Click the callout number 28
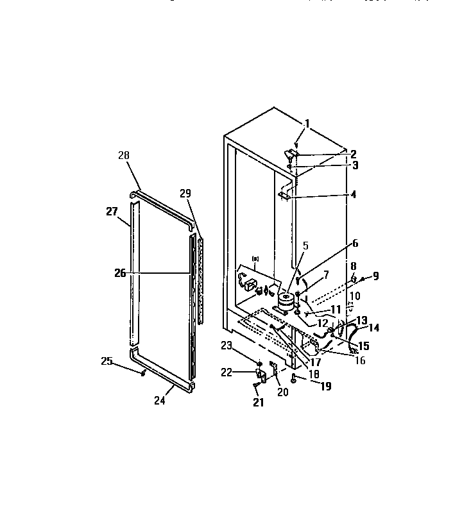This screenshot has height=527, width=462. (x=123, y=155)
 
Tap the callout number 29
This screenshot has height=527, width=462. (x=185, y=193)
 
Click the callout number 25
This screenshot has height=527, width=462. (x=107, y=362)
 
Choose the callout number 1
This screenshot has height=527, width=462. (x=307, y=123)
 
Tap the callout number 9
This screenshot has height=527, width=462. (x=375, y=276)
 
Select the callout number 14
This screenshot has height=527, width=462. (x=373, y=327)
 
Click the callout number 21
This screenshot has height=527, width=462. (x=259, y=403)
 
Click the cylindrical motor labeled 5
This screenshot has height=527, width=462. (x=286, y=299)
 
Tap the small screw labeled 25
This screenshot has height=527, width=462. (x=144, y=373)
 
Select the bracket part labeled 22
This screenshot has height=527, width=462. (x=261, y=374)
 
